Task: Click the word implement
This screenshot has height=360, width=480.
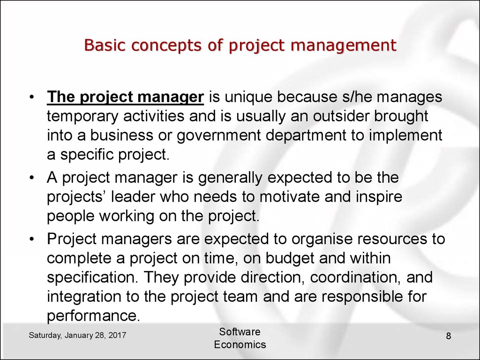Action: pos(405,135)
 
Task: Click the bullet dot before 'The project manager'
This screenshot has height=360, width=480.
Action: pos(31,98)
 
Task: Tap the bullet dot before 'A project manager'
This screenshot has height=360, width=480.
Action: pos(31,178)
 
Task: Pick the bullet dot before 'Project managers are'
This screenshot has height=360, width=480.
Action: pos(31,240)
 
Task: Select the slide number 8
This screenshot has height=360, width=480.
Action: pos(449,336)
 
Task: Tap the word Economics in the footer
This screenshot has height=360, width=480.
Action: pos(240,345)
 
